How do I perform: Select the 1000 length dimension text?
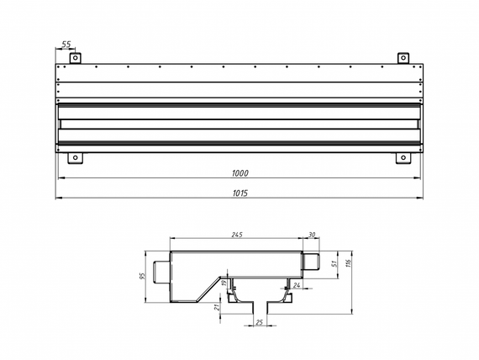pyautogui.click(x=239, y=172)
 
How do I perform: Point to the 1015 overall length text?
pyautogui.click(x=239, y=193)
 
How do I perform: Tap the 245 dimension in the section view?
pyautogui.click(x=236, y=235)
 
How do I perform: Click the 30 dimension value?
pyautogui.click(x=313, y=235)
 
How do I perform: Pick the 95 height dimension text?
pyautogui.click(x=144, y=276)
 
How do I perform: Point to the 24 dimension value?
pyautogui.click(x=297, y=286)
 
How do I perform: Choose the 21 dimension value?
pyautogui.click(x=218, y=310)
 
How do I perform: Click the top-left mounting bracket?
pyautogui.click(x=74, y=58)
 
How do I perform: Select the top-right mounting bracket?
pyautogui.click(x=403, y=58)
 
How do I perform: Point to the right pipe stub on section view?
pyautogui.click(x=311, y=262)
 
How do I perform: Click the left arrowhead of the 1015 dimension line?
pyautogui.click(x=58, y=199)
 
